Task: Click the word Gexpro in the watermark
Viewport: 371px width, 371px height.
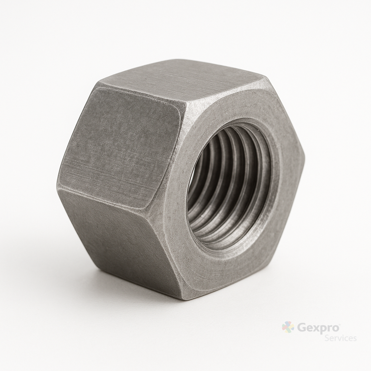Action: pyautogui.click(x=317, y=329)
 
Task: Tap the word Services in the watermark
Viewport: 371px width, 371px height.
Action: pyautogui.click(x=340, y=338)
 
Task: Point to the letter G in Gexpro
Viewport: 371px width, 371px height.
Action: pyautogui.click(x=300, y=328)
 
